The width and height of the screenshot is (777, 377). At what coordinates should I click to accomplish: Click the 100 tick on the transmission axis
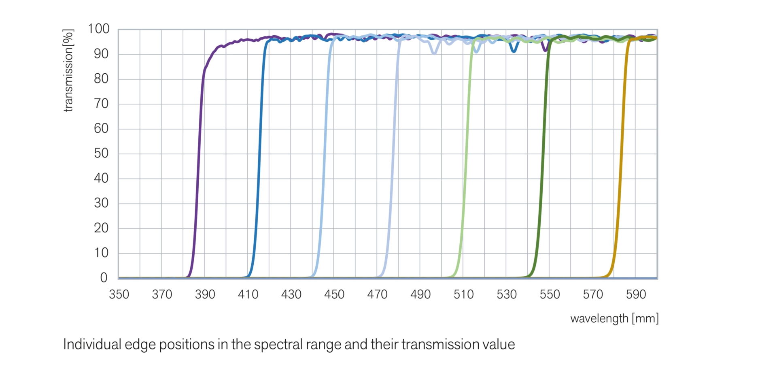(x=98, y=29)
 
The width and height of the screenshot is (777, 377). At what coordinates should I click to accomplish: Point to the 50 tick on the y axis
(x=101, y=153)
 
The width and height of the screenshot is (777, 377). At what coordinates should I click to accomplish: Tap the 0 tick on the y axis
(x=104, y=278)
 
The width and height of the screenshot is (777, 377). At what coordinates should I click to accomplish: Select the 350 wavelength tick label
(x=119, y=294)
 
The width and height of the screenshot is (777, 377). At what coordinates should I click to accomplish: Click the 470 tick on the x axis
(x=377, y=294)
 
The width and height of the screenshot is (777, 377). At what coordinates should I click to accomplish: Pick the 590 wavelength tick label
(x=636, y=294)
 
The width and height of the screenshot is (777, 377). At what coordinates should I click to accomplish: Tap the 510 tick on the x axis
(x=463, y=294)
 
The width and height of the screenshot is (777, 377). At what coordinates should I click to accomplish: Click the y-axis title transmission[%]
(x=68, y=70)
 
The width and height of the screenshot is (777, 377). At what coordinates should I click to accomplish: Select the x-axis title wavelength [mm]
(x=614, y=319)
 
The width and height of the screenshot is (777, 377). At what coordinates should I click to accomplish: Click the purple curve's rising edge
(x=198, y=154)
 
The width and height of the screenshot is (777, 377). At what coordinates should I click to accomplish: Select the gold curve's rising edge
(x=621, y=154)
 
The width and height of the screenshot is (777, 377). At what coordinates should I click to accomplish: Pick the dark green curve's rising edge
(x=542, y=154)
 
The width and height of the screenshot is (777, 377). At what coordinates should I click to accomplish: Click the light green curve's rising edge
(x=467, y=154)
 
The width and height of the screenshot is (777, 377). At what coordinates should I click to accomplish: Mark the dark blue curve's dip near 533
(x=514, y=51)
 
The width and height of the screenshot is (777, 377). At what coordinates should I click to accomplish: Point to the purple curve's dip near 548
(x=545, y=49)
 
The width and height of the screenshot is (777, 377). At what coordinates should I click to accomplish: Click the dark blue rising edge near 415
(x=259, y=154)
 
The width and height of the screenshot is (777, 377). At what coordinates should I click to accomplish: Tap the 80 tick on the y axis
(x=101, y=79)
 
